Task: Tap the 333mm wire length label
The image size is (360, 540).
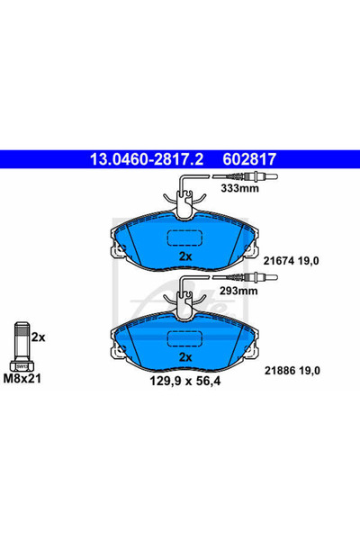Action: pos(238,190)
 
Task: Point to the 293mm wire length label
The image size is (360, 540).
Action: pos(238,292)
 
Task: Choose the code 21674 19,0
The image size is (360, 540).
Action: pos(293,259)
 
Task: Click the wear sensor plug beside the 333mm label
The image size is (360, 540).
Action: pos(247,177)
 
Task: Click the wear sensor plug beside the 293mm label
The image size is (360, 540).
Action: pos(247,279)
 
